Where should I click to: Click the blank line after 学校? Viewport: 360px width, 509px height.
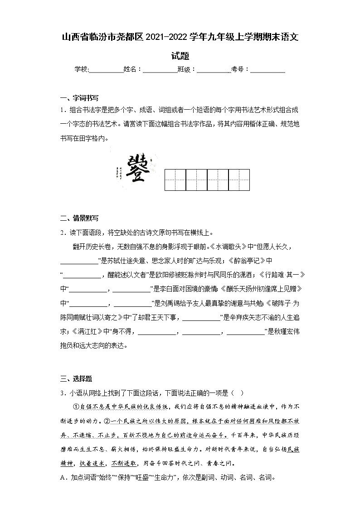point(106,70)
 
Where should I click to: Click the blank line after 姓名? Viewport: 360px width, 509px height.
point(160,70)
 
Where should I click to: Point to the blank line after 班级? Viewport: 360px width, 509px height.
point(214,70)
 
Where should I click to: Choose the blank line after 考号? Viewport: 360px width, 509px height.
point(268,70)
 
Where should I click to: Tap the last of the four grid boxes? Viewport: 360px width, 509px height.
point(239,179)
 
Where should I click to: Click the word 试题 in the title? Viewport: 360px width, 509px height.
point(180,56)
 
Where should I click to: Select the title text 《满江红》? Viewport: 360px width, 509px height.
point(87,332)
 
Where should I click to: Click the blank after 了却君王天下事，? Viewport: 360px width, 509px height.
point(201,318)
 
